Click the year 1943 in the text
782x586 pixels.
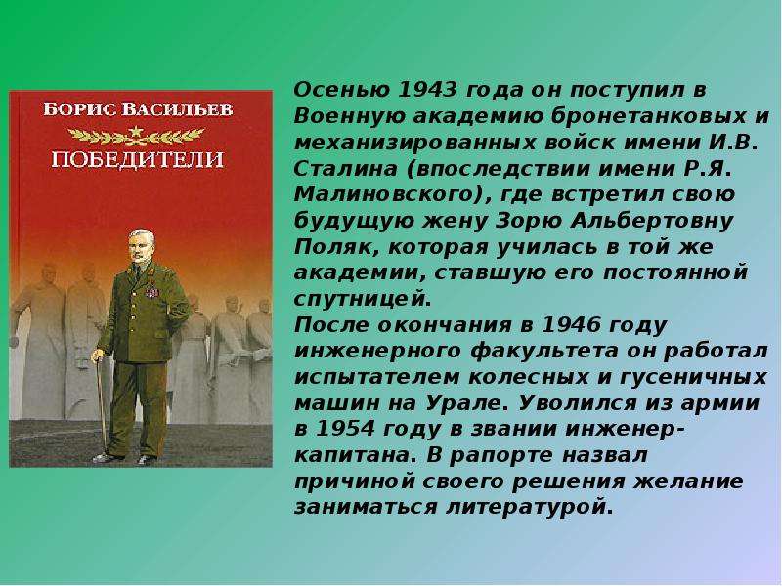click(x=428, y=90)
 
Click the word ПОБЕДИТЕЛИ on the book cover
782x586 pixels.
click(x=138, y=159)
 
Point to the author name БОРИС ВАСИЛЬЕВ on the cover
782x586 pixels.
click(x=138, y=109)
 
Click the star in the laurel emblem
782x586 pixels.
click(x=136, y=133)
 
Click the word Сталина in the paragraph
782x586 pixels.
click(x=346, y=168)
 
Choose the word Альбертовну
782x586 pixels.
click(x=652, y=222)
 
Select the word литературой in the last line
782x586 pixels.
click(x=530, y=508)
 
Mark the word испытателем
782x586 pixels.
click(x=376, y=377)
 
